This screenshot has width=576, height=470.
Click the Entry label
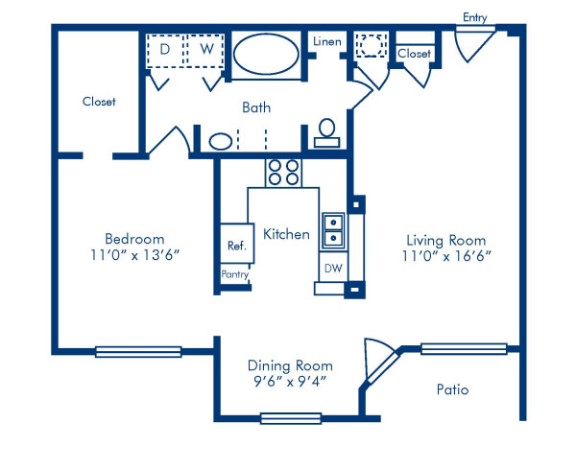473,17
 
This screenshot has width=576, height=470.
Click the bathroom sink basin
221,141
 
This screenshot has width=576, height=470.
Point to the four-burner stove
282,172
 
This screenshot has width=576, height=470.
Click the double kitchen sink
332,228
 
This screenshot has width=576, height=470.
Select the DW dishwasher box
331,268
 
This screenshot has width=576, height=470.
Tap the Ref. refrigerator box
236,246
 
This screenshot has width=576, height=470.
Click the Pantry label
235,275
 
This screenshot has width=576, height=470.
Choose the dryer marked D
164,48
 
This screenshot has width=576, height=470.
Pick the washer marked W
204,48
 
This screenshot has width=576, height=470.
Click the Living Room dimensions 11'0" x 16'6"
445,256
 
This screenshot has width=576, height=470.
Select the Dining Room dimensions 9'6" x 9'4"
290,382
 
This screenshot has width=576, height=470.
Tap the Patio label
452,390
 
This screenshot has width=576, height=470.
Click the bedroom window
138,351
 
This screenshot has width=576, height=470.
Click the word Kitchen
286,234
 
